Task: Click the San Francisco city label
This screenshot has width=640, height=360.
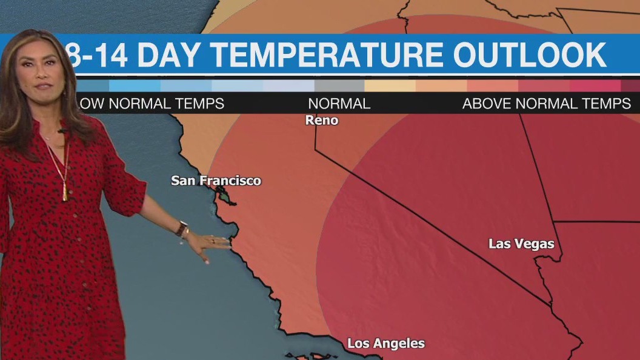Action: (x=216, y=181)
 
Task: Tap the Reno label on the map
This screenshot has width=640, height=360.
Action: (x=322, y=120)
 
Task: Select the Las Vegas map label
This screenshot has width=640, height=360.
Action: (x=521, y=244)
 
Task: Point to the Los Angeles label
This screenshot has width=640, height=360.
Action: (x=386, y=344)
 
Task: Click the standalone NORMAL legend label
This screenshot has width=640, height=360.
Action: (x=339, y=104)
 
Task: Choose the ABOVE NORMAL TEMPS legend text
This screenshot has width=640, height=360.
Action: (x=547, y=104)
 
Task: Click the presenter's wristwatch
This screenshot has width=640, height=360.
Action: (x=181, y=228)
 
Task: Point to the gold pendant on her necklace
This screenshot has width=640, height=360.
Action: (x=64, y=194)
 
